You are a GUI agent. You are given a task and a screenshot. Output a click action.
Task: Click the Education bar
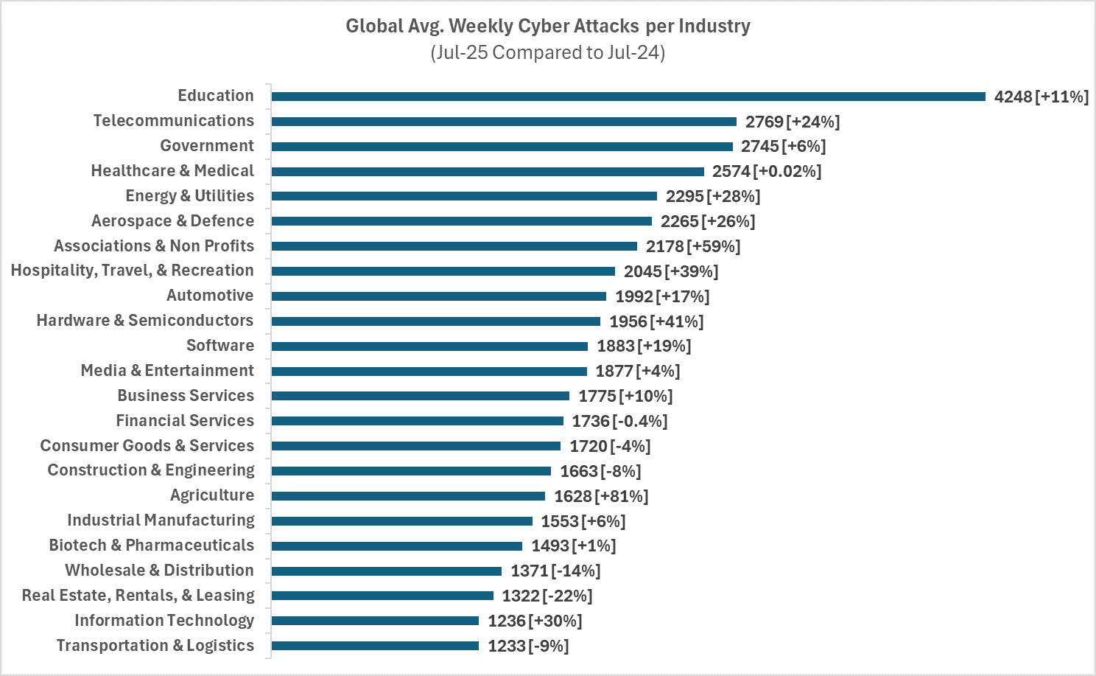628,97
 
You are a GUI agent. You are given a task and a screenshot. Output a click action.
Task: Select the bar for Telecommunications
504,122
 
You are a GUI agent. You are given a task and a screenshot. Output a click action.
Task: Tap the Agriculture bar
408,496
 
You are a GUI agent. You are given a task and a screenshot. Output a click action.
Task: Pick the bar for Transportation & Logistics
376,646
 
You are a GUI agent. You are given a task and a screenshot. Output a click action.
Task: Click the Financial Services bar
418,421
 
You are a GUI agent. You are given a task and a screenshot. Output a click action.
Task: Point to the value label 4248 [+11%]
1041,97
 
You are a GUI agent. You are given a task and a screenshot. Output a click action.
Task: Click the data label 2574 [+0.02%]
767,172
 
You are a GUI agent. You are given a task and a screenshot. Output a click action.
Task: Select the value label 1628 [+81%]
601,496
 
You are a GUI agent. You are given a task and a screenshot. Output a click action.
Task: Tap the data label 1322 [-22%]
547,596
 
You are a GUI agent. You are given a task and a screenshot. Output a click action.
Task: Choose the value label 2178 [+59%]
693,246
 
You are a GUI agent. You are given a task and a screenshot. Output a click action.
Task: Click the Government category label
207,145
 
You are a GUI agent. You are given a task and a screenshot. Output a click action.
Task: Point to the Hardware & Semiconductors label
145,321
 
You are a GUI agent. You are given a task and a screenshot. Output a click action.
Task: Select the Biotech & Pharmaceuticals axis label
152,546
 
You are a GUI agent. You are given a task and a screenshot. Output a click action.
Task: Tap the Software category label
220,345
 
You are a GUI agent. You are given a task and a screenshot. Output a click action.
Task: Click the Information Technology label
164,620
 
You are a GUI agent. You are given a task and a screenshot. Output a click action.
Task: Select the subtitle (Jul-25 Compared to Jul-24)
548,52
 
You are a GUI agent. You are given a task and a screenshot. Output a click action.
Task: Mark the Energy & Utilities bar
464,196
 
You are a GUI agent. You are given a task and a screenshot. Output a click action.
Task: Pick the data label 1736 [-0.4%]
620,421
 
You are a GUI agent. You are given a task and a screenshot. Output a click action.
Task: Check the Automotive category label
211,296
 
